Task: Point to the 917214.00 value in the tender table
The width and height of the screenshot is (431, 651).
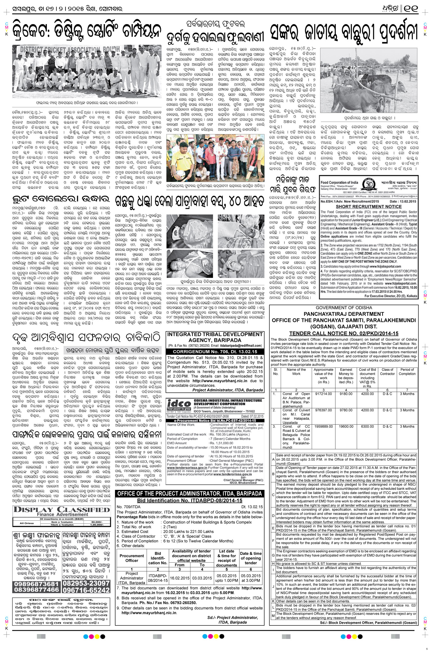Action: [x=323, y=394]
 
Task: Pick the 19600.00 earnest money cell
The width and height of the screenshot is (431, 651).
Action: [x=346, y=427]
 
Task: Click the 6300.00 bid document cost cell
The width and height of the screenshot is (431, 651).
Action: [x=367, y=427]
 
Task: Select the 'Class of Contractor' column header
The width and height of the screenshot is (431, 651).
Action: [x=387, y=371]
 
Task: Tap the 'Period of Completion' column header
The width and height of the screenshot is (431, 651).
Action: [x=407, y=371]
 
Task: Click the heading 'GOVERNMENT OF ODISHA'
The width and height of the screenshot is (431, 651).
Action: [x=344, y=308]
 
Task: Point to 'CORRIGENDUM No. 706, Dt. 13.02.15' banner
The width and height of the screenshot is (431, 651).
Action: [x=215, y=352]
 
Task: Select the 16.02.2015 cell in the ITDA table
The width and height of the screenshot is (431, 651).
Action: [x=180, y=578]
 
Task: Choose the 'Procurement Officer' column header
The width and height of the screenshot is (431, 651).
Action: [x=132, y=558]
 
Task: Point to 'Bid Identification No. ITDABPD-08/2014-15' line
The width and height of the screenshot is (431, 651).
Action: [x=190, y=501]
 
